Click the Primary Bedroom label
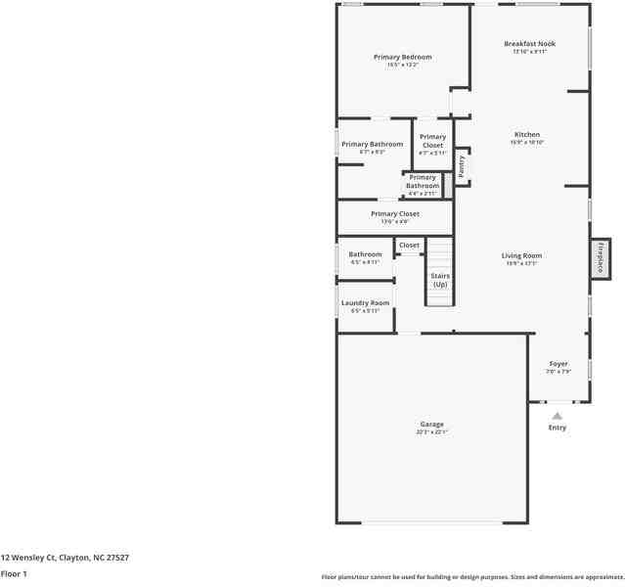pos(402,57)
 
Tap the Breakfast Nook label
pos(529,44)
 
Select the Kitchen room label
pos(527,135)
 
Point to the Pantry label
pos(462,166)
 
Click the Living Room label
pos(521,255)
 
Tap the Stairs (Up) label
pos(440,280)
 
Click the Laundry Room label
pos(365,303)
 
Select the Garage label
pos(432,424)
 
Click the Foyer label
pos(558,363)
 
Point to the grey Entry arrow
pos(558,416)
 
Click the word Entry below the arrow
pos(558,428)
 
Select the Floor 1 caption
pos(14,573)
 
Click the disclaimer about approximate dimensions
pos(471,577)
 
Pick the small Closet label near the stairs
pos(409,246)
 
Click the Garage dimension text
pos(432,431)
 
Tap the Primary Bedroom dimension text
pos(402,66)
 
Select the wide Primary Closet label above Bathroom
pos(395,213)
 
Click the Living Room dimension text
pos(521,263)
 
